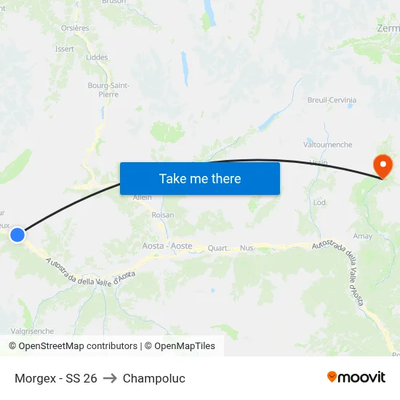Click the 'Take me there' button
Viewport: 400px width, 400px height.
click(200, 178)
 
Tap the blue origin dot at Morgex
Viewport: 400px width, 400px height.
click(17, 234)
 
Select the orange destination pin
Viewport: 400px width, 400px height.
click(382, 167)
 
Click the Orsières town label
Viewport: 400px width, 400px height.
click(76, 28)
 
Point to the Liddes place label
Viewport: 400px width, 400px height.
click(97, 57)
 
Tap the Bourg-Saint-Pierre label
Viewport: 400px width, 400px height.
click(108, 89)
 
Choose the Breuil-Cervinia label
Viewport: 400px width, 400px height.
click(332, 100)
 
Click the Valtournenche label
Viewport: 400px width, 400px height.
click(327, 145)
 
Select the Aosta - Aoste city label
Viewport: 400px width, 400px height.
click(167, 246)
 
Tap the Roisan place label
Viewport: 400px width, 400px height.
click(163, 215)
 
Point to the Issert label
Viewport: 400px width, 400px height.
click(65, 49)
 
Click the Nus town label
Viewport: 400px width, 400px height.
click(247, 248)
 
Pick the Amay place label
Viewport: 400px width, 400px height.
click(363, 236)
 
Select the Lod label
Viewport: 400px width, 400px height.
click(319, 203)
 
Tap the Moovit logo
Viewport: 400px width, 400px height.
click(356, 377)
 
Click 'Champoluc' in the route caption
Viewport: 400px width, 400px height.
click(154, 378)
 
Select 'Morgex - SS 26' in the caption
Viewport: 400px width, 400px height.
click(56, 378)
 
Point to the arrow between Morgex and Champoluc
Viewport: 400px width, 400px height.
click(110, 378)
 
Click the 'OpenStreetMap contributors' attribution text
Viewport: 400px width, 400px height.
click(78, 346)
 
